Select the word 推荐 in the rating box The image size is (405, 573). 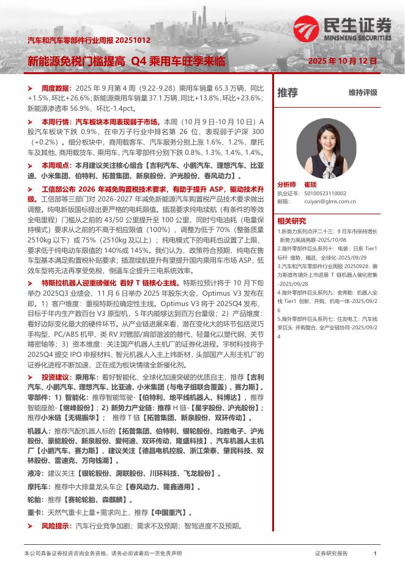coord(288,93)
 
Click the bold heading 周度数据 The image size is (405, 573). coord(56,88)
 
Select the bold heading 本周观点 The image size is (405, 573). coord(56,165)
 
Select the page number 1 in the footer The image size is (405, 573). coord(374,552)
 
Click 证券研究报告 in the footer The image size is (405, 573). coord(331,552)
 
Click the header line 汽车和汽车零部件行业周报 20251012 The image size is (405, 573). coord(89,40)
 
